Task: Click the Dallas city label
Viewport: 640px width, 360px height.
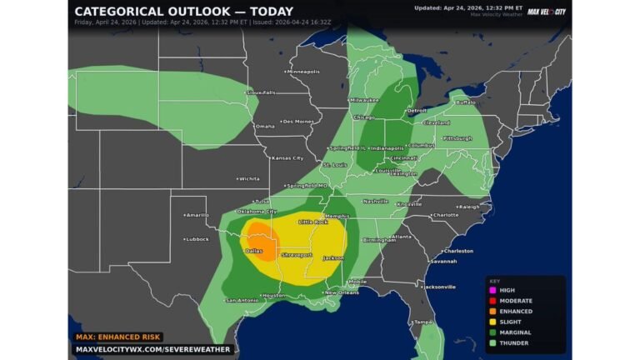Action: (255, 250)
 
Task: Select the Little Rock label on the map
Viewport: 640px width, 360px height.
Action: (314, 222)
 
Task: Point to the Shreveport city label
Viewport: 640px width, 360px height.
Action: (297, 254)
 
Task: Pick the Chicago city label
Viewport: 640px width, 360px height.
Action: (363, 117)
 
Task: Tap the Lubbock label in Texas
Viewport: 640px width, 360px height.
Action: (198, 239)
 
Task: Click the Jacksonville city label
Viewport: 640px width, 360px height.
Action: (438, 287)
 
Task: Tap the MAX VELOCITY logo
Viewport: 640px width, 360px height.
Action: (546, 11)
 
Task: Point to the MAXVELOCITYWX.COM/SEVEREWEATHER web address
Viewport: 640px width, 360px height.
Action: (152, 349)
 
